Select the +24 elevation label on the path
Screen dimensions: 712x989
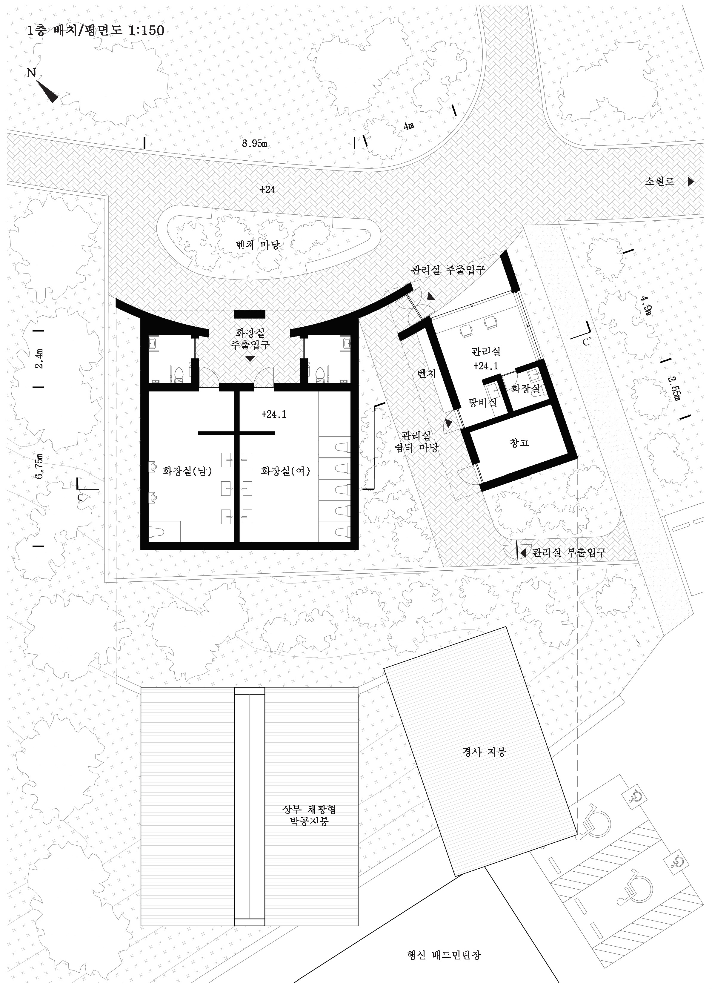[x=267, y=190]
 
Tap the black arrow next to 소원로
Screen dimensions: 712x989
[x=691, y=182]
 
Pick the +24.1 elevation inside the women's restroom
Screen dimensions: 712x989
[x=274, y=414]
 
